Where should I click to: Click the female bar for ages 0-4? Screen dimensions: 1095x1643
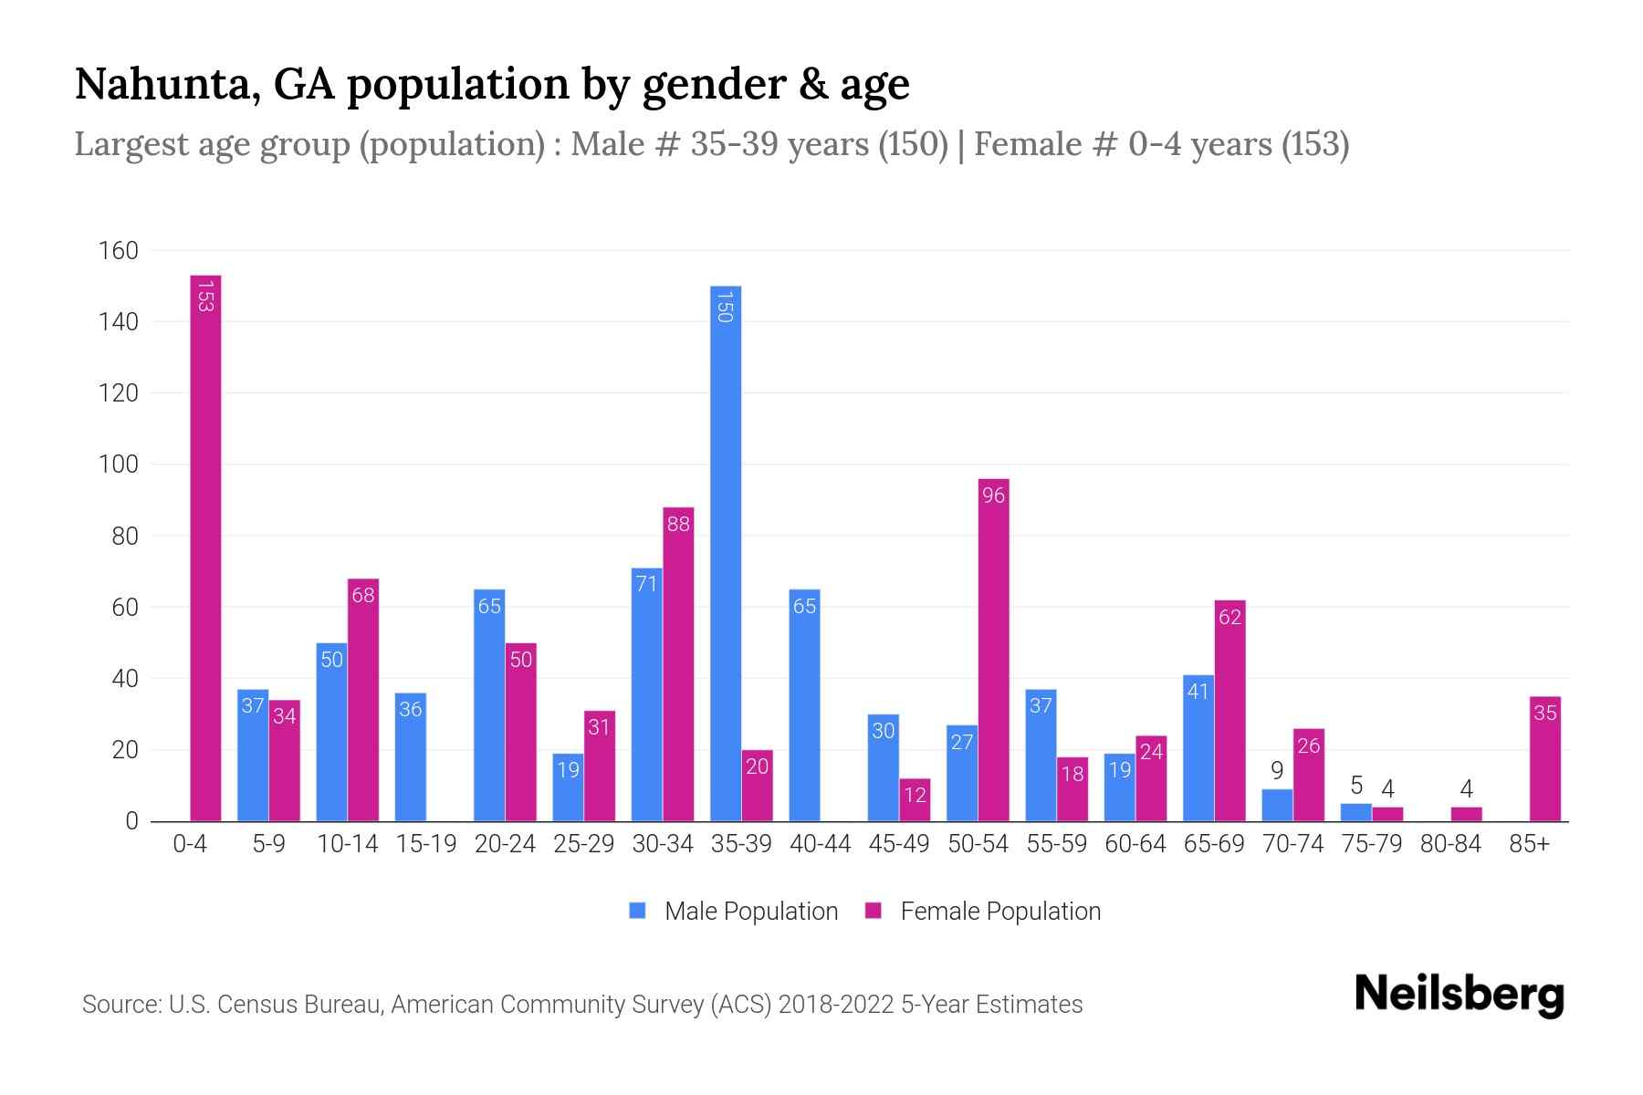pyautogui.click(x=205, y=547)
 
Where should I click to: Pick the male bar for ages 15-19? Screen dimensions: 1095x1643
pyautogui.click(x=411, y=757)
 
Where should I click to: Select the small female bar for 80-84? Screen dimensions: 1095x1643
pyautogui.click(x=1466, y=814)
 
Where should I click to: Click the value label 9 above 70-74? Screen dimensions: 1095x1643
pyautogui.click(x=1277, y=771)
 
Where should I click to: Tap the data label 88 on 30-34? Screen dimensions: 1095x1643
pyautogui.click(x=678, y=524)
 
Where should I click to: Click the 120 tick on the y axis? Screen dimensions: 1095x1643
pyautogui.click(x=119, y=393)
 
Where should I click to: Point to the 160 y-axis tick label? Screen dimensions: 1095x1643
pyautogui.click(x=119, y=251)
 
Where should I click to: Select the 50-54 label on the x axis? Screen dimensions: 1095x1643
pyautogui.click(x=978, y=844)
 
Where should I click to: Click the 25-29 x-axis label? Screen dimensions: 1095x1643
pyautogui.click(x=583, y=844)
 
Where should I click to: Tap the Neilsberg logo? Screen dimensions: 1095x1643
pyautogui.click(x=1459, y=995)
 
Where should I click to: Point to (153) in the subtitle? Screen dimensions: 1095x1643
pyautogui.click(x=1314, y=144)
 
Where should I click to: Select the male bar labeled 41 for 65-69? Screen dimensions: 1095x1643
pyautogui.click(x=1198, y=748)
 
